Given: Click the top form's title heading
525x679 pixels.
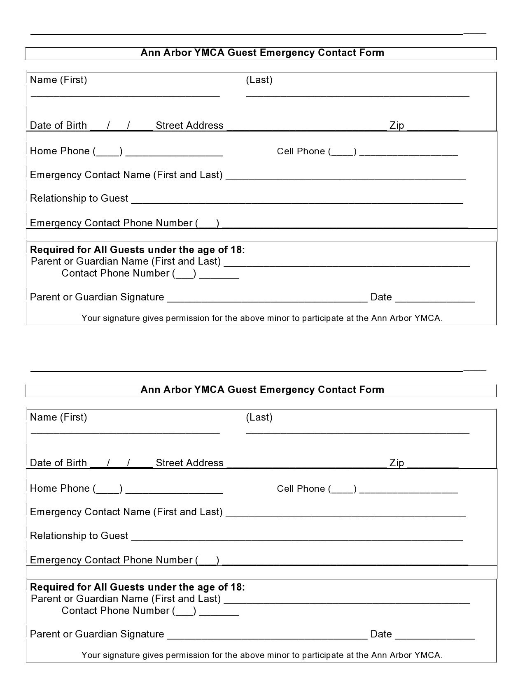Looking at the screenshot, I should pyautogui.click(x=262, y=53).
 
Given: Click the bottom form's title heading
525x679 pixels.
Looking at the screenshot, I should pyautogui.click(x=262, y=390).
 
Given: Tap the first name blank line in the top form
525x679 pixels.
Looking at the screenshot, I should pyautogui.click(x=125, y=95).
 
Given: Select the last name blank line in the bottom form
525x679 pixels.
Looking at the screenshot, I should pyautogui.click(x=357, y=432).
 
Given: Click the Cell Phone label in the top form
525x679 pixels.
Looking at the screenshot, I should pyautogui.click(x=301, y=151).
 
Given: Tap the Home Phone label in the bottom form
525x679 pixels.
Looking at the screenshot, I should pyautogui.click(x=60, y=488).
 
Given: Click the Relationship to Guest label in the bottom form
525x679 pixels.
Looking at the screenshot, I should pyautogui.click(x=79, y=536).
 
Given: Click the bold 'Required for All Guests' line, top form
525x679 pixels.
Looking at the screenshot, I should pyautogui.click(x=138, y=250).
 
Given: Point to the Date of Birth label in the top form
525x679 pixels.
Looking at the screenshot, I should pyautogui.click(x=58, y=126).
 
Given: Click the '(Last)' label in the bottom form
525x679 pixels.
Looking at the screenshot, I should pyautogui.click(x=259, y=417).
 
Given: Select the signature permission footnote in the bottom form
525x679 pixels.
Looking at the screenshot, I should pyautogui.click(x=262, y=655).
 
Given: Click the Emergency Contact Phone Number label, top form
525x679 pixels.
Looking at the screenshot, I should pyautogui.click(x=111, y=223).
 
